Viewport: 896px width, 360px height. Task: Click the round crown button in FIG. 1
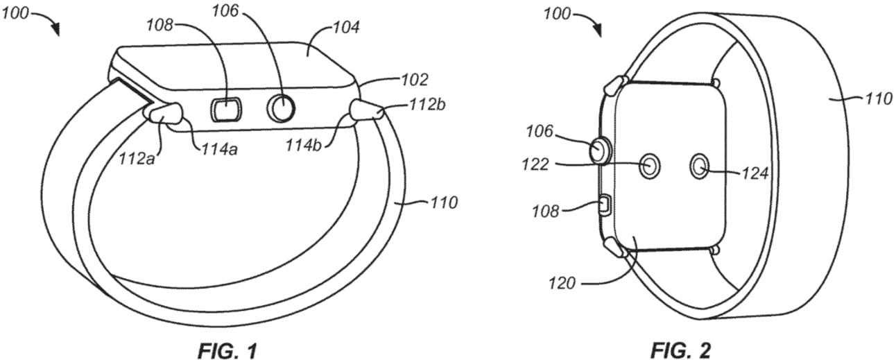pos(281,108)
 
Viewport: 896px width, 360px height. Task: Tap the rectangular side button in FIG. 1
pos(226,109)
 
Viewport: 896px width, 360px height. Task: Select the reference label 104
pos(345,28)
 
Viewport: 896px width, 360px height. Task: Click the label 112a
pos(137,160)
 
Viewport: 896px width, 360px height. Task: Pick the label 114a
pos(219,150)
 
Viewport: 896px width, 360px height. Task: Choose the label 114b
pos(304,145)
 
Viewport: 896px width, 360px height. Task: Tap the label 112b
pos(427,105)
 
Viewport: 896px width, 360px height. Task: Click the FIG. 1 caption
pos(227,351)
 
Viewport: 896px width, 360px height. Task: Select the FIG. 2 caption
pos(680,351)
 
